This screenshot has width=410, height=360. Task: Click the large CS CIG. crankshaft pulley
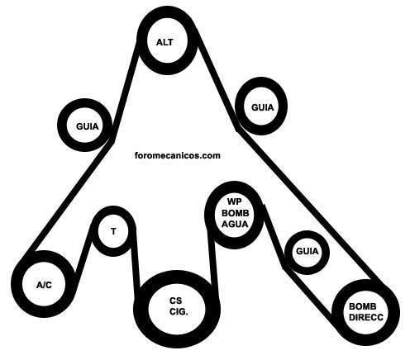[177, 279]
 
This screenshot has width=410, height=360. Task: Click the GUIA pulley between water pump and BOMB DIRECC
[307, 234]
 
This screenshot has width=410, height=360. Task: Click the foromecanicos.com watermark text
[178, 155]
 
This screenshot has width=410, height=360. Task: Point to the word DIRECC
[366, 317]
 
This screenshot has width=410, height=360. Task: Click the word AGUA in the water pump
[235, 224]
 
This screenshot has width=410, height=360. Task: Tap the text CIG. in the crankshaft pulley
[179, 311]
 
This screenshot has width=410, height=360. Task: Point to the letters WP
[235, 201]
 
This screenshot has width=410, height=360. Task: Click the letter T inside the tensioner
[113, 231]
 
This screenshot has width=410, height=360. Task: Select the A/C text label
[44, 285]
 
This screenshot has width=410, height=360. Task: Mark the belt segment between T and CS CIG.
[136, 258]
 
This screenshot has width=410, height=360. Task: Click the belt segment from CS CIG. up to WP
[212, 258]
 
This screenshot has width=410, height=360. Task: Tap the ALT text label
[164, 42]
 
